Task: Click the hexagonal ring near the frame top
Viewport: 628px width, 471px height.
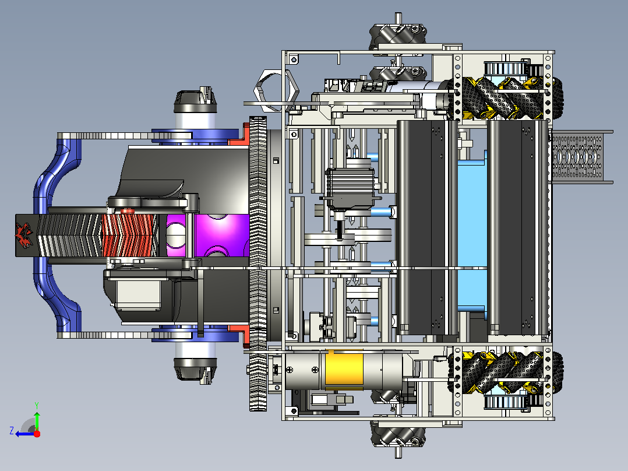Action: click(276, 90)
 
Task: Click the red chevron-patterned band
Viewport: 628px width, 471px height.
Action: click(129, 235)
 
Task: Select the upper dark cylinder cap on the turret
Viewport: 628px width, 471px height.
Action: click(196, 101)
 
